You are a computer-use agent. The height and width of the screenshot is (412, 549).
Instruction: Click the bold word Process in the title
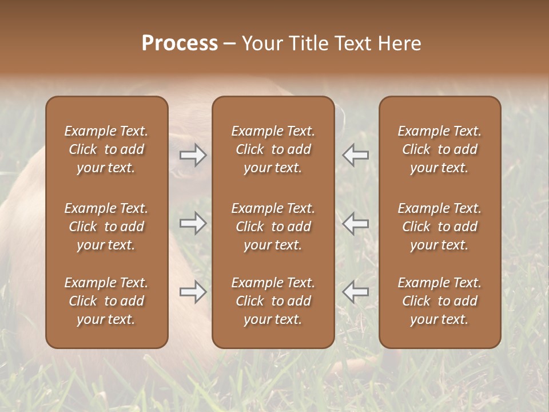coord(180,43)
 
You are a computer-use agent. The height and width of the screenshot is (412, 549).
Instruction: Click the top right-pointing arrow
coord(193,155)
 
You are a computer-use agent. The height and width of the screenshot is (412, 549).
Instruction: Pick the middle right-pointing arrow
coord(193,223)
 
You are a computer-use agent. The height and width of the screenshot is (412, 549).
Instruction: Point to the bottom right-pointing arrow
coord(193,292)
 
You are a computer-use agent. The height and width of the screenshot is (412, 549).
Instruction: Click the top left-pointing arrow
coord(356,155)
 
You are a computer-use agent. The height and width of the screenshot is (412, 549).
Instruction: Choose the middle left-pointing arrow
coord(356,223)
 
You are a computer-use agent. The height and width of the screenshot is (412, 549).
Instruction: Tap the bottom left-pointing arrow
coord(356,292)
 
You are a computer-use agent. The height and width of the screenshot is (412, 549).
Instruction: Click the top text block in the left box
coord(106,149)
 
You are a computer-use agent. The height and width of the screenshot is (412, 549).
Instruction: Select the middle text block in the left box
coord(106,227)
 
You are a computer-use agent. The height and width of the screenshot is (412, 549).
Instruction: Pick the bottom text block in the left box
coord(106,301)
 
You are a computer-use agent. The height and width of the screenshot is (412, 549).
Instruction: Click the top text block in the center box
coord(273,149)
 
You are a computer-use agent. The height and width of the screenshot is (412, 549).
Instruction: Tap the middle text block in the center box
coord(273,227)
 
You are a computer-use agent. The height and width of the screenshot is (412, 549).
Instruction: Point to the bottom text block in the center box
coord(273,301)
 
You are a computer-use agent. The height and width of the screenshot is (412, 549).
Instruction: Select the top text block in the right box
coord(440,149)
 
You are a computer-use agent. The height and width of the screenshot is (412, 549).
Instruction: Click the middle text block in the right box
coord(440,227)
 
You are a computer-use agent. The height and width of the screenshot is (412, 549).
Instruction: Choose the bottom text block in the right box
coord(440,301)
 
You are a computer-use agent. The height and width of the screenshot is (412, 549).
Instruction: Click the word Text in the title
coord(353,43)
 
